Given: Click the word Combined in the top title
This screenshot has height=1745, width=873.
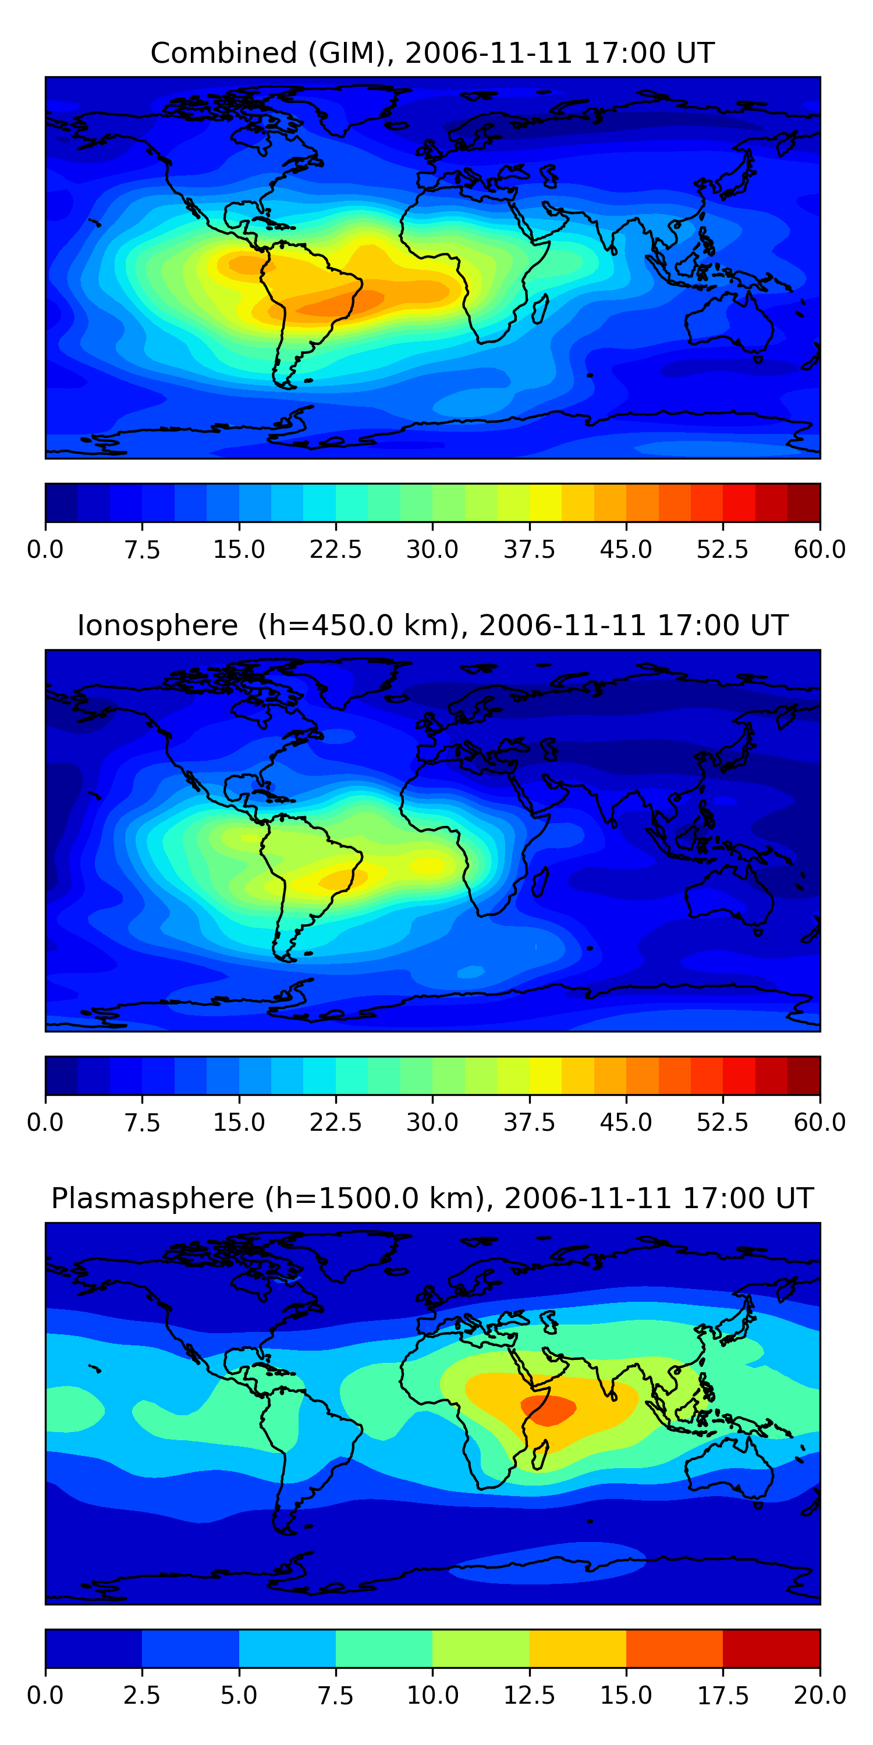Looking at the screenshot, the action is (x=223, y=53).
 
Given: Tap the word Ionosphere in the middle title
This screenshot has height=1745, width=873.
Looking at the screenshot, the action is (x=158, y=625).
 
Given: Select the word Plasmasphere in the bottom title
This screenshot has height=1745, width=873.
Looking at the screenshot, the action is (x=152, y=1199).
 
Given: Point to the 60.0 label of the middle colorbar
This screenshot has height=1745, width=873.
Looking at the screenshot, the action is (x=819, y=1123).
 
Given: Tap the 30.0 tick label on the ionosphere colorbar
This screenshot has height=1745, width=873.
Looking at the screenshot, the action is (x=432, y=1123).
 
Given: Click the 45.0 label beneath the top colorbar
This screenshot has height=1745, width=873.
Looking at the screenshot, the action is (x=626, y=549).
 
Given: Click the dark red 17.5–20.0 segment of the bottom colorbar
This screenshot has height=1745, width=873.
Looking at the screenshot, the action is (x=771, y=1648).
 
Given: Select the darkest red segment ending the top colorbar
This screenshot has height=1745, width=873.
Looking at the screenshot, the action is (x=804, y=503).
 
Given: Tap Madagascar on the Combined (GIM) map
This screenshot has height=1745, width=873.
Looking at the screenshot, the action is (x=540, y=309).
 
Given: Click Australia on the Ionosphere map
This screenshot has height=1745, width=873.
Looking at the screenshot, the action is (x=729, y=894).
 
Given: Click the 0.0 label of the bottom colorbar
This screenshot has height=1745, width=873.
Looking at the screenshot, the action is (x=45, y=1696).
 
